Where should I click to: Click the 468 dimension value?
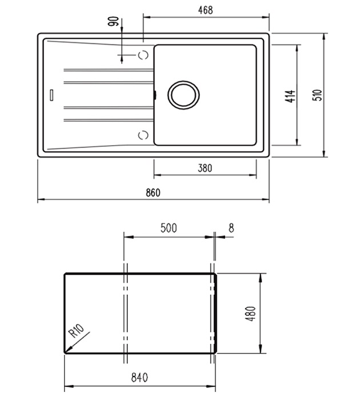point(205,10)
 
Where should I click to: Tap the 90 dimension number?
point(114,21)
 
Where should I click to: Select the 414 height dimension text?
point(290,96)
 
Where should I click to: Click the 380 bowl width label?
point(205,168)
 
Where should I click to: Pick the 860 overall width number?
point(153,193)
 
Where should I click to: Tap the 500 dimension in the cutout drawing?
point(169,228)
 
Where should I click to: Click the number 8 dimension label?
point(231,228)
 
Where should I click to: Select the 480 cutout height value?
point(251,314)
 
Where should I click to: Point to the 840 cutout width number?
point(139,378)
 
